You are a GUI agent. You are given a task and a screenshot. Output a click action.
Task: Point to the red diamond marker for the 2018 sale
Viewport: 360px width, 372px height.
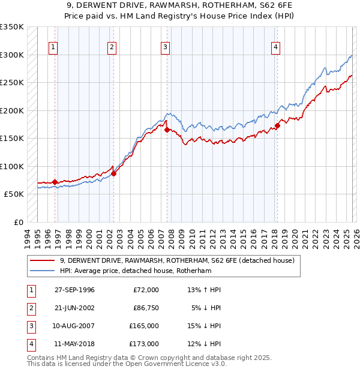point(277,125)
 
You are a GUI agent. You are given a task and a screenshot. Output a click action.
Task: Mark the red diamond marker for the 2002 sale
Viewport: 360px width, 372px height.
point(113,173)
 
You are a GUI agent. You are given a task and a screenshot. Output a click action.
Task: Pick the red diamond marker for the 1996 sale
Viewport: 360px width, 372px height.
point(55,182)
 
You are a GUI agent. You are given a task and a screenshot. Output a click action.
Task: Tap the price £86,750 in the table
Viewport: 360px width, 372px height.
point(145,308)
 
